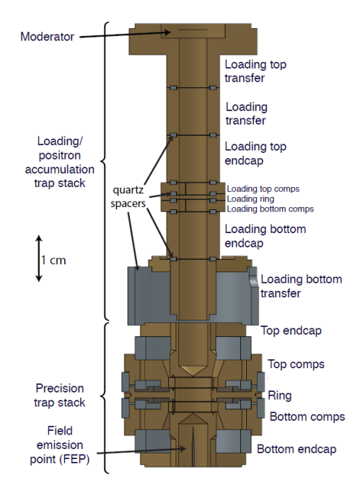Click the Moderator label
pyautogui.click(x=47, y=36)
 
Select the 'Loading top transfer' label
pyautogui.click(x=256, y=71)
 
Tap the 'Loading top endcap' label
pyautogui.click(x=256, y=154)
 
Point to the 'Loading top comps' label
pyautogui.click(x=263, y=188)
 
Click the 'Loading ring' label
pyautogui.click(x=250, y=198)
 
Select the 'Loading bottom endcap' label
pyautogui.click(x=265, y=237)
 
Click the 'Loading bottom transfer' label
pyautogui.click(x=301, y=286)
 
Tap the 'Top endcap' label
pyautogui.click(x=290, y=331)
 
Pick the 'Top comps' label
pyautogui.click(x=296, y=364)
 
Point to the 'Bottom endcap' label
pyautogui.click(x=297, y=449)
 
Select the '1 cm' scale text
pyautogui.click(x=53, y=260)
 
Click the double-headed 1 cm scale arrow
pyautogui.click(x=38, y=258)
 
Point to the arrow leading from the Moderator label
pyautogui.click(x=123, y=33)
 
